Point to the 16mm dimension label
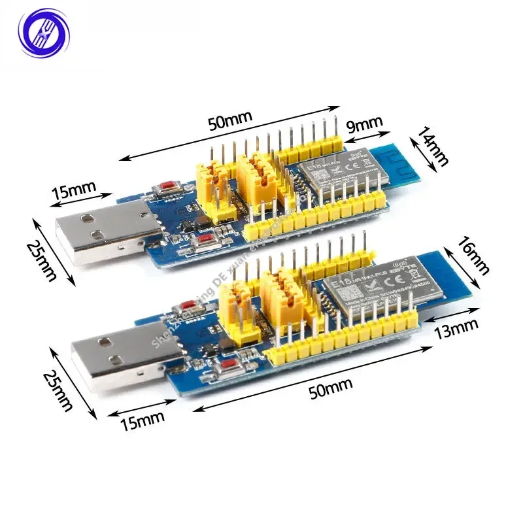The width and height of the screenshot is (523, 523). [x=472, y=256]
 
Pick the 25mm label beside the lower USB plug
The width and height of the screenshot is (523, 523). [x=56, y=388]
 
